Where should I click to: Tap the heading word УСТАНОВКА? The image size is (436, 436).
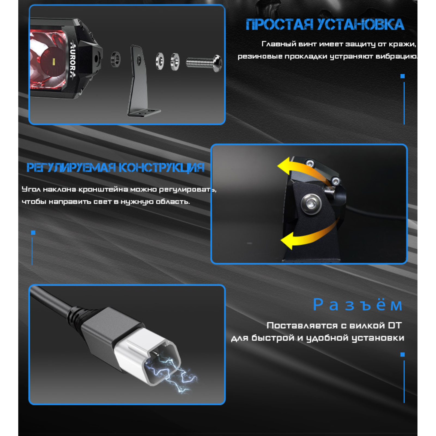pyautogui.click(x=361, y=24)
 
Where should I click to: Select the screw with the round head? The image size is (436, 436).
pyautogui.click(x=204, y=63)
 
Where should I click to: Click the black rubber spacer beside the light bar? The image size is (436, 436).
pyautogui.click(x=116, y=59)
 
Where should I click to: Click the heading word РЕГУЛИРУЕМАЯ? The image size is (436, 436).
pyautogui.click(x=71, y=168)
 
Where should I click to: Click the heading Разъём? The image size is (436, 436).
pyautogui.click(x=358, y=305)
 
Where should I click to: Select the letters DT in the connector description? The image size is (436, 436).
pyautogui.click(x=395, y=325)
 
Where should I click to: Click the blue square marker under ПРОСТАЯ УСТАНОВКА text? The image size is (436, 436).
pyautogui.click(x=402, y=76)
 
